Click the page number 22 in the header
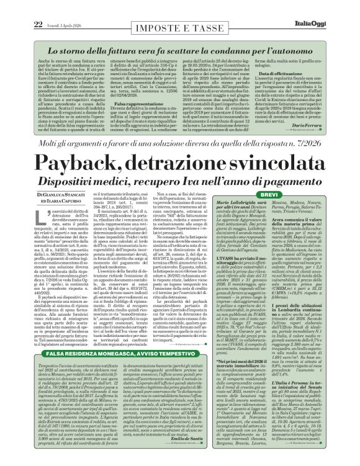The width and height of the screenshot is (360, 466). tap(19, 7)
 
